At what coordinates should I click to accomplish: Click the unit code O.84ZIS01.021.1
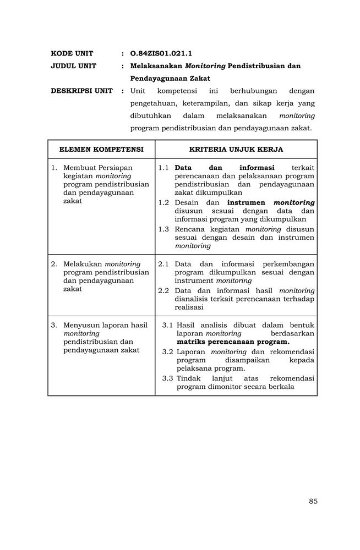(161, 53)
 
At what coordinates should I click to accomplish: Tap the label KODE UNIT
(72, 53)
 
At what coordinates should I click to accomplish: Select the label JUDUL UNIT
(73, 66)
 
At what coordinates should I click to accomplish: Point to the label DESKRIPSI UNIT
(81, 91)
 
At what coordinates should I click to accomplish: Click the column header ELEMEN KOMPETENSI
(101, 149)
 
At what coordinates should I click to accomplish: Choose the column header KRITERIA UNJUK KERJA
(236, 149)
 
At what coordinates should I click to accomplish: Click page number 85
(313, 501)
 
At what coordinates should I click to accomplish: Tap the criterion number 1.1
(163, 167)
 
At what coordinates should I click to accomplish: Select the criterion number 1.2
(163, 202)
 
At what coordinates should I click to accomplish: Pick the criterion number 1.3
(163, 229)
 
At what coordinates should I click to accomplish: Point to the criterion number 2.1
(163, 264)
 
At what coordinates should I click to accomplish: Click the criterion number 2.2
(163, 290)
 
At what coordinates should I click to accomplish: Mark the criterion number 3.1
(167, 325)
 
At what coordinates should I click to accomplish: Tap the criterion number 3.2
(167, 351)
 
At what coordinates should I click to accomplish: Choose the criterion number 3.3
(167, 378)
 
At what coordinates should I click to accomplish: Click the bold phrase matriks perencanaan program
(233, 342)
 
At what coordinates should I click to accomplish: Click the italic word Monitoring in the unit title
(205, 66)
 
